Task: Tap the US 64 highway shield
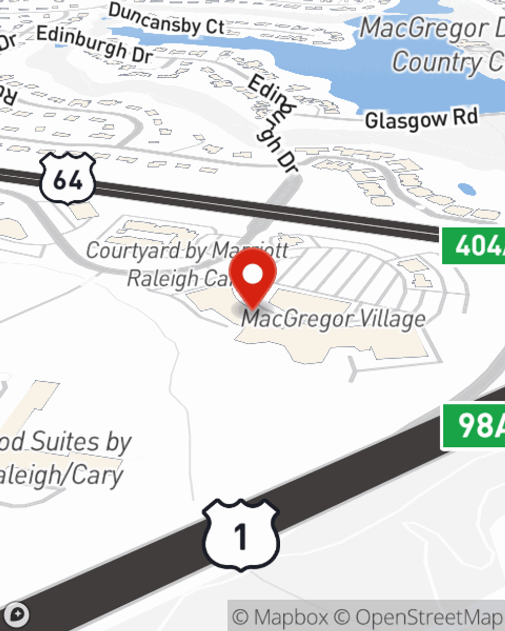click(x=68, y=179)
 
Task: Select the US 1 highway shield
click(x=241, y=535)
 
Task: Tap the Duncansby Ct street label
click(x=167, y=19)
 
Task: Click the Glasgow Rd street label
click(x=421, y=120)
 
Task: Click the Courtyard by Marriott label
click(x=187, y=250)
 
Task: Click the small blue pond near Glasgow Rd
click(x=467, y=190)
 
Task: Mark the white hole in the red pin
click(x=252, y=275)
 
